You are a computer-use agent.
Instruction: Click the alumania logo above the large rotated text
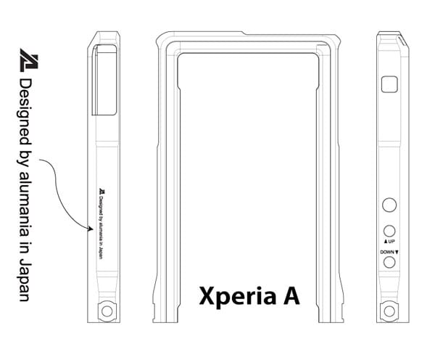pos(28,59)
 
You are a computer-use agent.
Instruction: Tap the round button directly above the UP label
pos(389,229)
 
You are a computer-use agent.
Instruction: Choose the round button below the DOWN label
pos(389,261)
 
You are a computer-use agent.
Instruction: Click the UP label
pos(389,241)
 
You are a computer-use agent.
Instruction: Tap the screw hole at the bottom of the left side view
pos(107,311)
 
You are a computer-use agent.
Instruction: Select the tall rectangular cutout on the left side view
pos(106,80)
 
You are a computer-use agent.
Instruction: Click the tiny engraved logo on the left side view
pos(102,193)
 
